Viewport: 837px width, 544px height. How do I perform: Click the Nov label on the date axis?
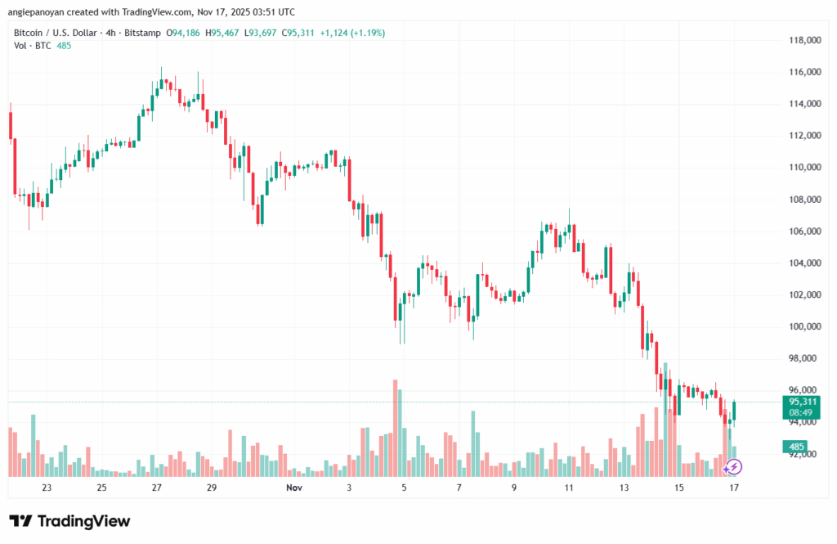tap(296, 488)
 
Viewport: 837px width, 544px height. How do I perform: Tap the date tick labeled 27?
tap(156, 488)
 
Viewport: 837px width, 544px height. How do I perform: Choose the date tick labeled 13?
tap(624, 488)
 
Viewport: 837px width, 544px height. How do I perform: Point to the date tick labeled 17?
tap(735, 488)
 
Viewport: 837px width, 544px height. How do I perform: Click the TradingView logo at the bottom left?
tap(69, 521)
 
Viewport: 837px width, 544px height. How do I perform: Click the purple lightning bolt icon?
tap(733, 467)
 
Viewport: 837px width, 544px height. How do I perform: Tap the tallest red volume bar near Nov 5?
tap(396, 428)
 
